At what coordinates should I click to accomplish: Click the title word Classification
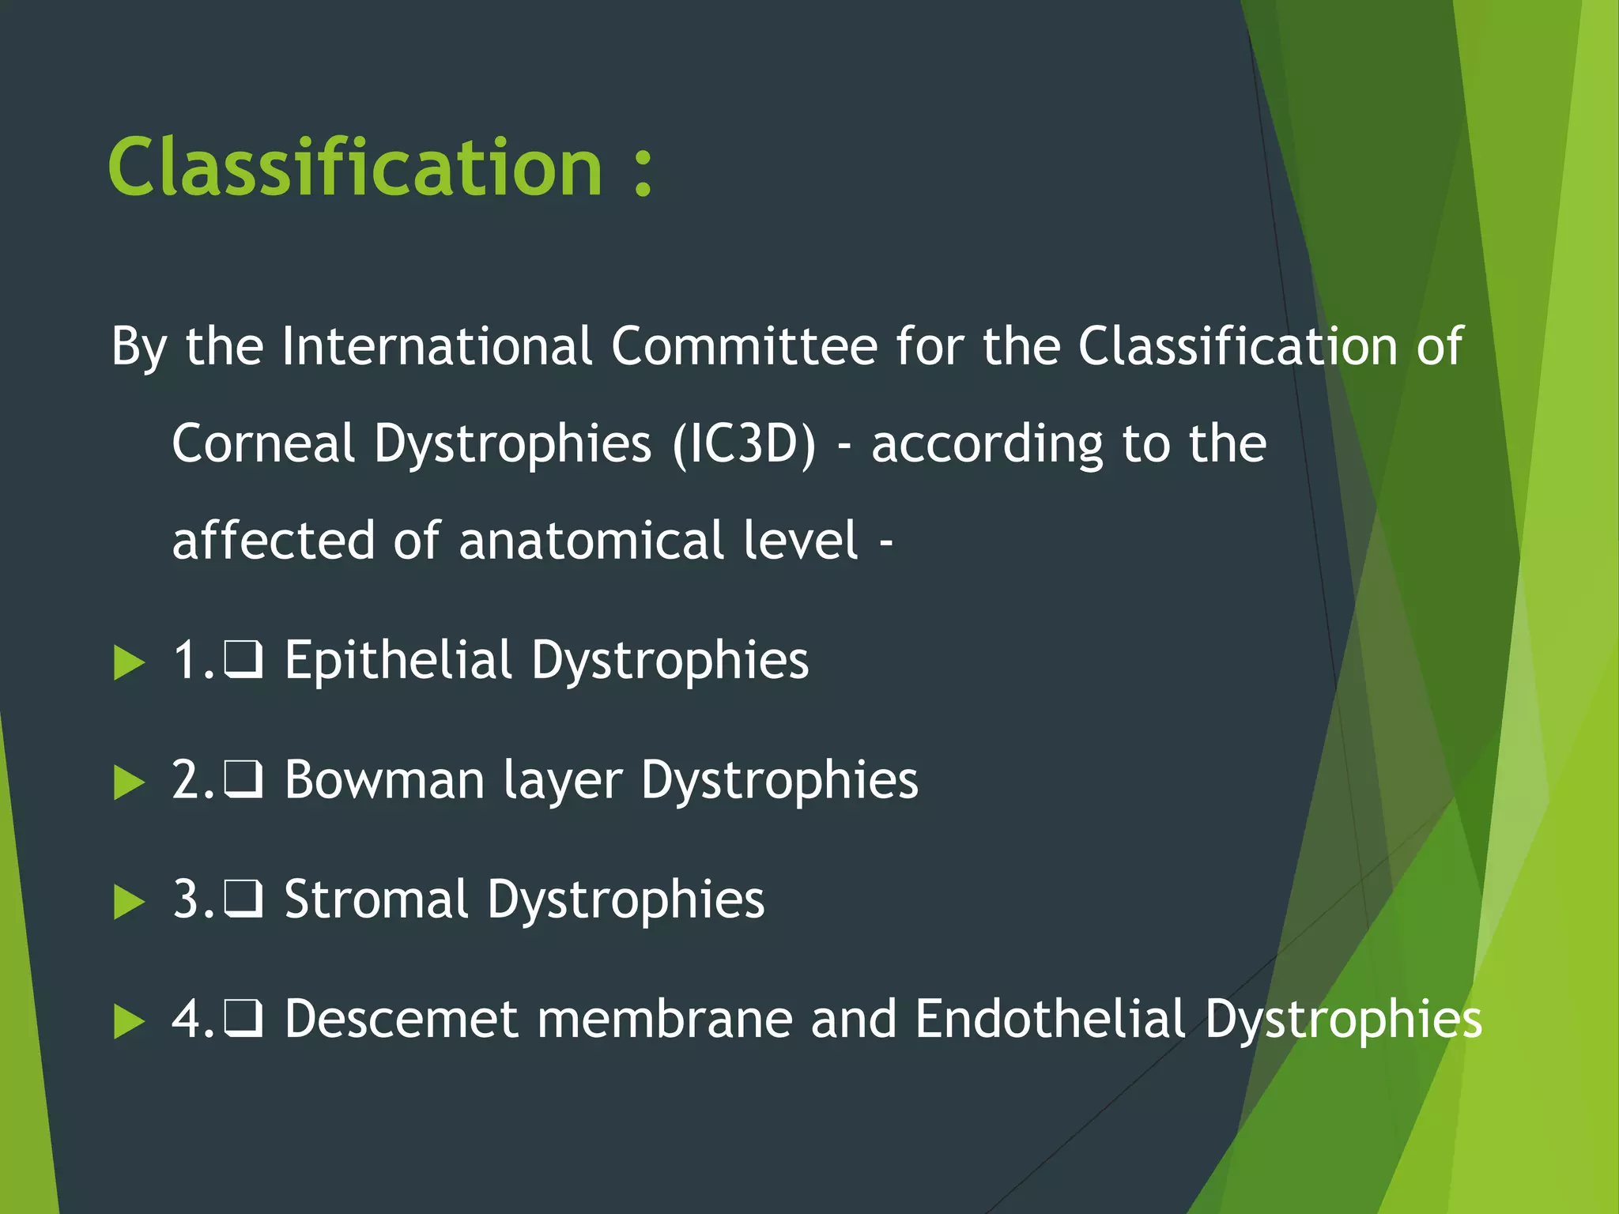[x=356, y=168]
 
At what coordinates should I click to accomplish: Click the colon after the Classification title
[x=643, y=169]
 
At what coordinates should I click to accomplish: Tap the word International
[x=436, y=346]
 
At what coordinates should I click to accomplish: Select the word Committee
[x=744, y=346]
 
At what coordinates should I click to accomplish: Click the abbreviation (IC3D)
[x=744, y=444]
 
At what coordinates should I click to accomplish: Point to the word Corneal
[x=263, y=444]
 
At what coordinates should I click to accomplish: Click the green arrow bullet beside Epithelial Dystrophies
[x=129, y=662]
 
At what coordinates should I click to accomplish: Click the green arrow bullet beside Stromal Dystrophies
[x=129, y=902]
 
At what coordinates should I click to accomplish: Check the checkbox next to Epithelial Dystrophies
[x=243, y=661]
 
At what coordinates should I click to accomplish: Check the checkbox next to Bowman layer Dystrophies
[x=243, y=780]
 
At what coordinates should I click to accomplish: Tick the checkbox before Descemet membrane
[x=243, y=1019]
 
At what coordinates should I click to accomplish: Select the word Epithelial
[x=398, y=661]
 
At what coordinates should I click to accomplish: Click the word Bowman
[x=384, y=780]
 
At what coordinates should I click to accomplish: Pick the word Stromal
[x=376, y=899]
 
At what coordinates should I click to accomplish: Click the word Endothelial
[x=1051, y=1019]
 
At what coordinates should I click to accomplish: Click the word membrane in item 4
[x=665, y=1019]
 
